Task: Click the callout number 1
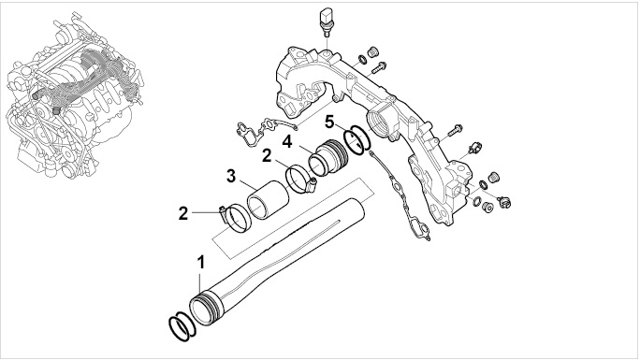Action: (x=200, y=263)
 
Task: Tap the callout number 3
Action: (x=231, y=177)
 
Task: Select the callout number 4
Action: (x=287, y=142)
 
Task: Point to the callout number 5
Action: (x=329, y=122)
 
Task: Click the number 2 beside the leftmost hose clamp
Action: (x=183, y=213)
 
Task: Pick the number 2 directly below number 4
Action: (x=267, y=155)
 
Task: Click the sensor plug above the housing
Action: (x=326, y=22)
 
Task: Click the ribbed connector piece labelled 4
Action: (x=328, y=159)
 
